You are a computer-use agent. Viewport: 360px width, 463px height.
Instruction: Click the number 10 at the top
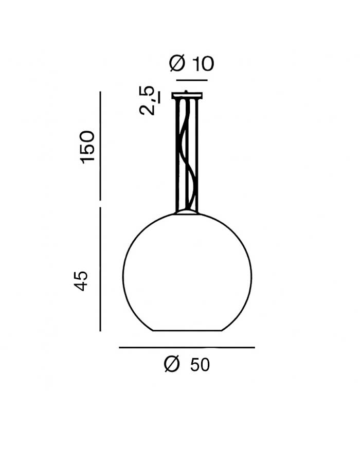click(203, 64)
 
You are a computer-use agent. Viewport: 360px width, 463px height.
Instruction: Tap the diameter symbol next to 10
click(177, 63)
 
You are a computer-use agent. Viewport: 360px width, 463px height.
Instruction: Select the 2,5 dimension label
click(150, 100)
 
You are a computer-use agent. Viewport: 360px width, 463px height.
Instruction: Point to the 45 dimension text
click(81, 281)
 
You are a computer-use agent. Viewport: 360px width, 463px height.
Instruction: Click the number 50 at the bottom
click(200, 365)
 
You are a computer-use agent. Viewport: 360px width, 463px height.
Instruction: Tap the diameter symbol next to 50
click(172, 364)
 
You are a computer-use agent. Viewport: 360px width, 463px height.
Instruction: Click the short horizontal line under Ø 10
click(192, 80)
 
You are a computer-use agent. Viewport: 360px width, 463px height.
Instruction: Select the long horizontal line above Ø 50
click(187, 348)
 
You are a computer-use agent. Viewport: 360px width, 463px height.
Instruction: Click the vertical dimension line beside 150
click(100, 146)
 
